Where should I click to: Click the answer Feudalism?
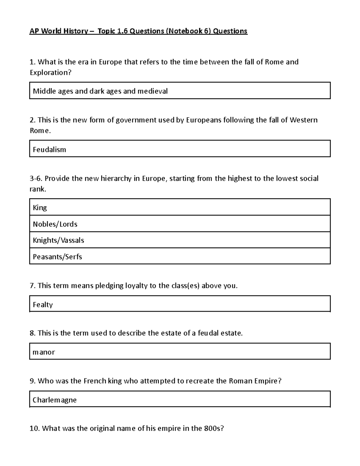[x=49, y=149]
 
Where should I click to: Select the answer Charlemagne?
[x=55, y=400]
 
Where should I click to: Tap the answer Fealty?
[x=43, y=305]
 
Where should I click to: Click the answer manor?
[x=44, y=352]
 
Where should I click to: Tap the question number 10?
[x=34, y=428]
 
